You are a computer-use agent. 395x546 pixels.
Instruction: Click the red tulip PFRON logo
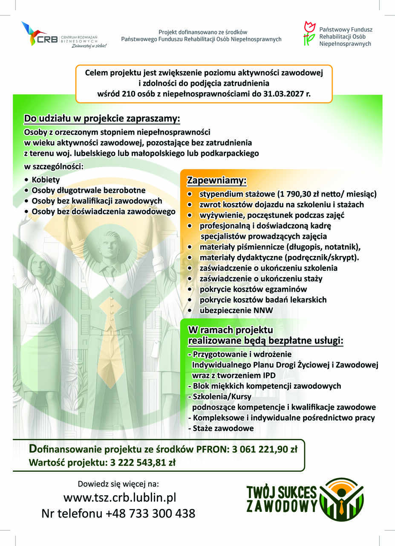[309, 34]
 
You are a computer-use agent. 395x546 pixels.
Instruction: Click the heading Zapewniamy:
[217, 181]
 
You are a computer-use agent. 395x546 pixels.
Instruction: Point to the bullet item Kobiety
[46, 180]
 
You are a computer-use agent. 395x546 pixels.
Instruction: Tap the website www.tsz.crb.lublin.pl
[120, 497]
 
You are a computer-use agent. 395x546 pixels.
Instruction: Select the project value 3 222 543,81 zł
[142, 462]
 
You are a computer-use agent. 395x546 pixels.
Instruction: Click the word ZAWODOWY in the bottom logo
[282, 506]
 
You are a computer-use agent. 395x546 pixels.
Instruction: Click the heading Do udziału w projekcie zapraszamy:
[102, 118]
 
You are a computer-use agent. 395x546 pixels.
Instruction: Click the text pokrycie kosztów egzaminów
[253, 289]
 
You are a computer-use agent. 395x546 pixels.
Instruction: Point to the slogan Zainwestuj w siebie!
[89, 45]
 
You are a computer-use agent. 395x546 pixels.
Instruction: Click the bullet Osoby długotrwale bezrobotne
[88, 190]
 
